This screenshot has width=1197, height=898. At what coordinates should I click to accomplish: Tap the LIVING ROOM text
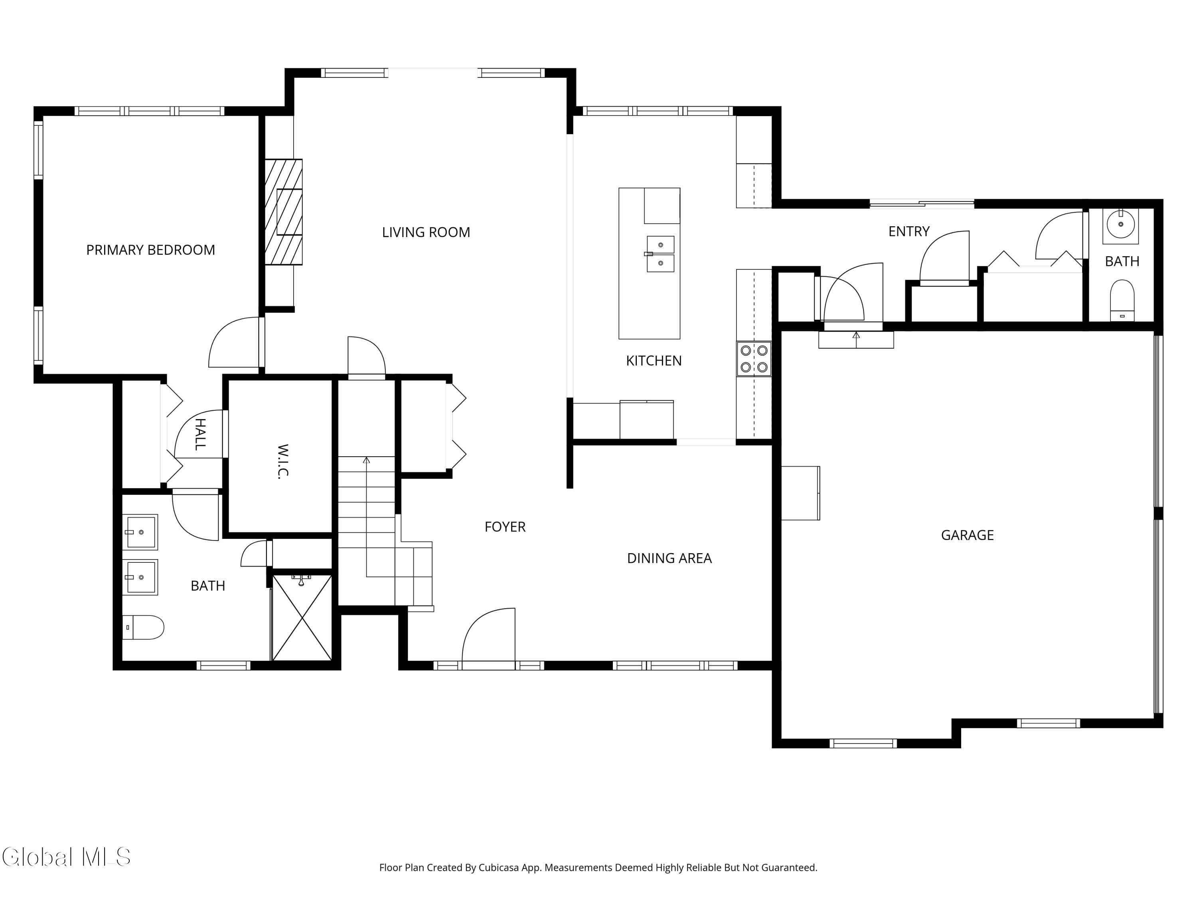[x=426, y=232]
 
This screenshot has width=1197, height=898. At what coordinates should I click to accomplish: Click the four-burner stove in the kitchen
[x=754, y=359]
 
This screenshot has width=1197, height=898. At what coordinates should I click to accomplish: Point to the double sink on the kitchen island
[x=660, y=254]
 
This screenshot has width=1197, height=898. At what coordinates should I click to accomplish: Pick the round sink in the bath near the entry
[x=1120, y=224]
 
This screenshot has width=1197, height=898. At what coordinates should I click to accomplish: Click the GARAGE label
[x=967, y=535]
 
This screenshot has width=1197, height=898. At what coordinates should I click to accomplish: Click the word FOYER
[x=505, y=527]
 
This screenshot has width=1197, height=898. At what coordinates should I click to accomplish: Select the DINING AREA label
[x=669, y=558]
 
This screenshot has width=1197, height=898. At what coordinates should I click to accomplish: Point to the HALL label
[x=199, y=434]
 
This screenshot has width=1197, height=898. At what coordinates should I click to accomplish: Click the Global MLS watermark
[x=66, y=857]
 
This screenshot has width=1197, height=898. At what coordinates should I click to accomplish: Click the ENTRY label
[x=909, y=231]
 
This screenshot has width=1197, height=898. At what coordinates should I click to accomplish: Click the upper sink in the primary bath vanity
[x=140, y=532]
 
